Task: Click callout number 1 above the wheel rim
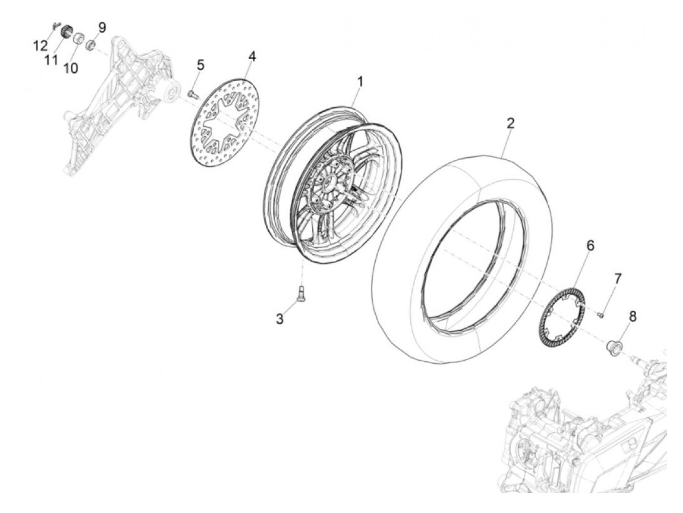360,82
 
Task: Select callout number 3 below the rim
280,319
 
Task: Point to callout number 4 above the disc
252,57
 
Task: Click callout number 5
201,65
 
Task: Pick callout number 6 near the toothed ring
590,246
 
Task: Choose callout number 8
633,317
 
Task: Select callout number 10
71,68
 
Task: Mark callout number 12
40,46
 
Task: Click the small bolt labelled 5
192,94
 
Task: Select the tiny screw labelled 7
600,316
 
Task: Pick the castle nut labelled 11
66,31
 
